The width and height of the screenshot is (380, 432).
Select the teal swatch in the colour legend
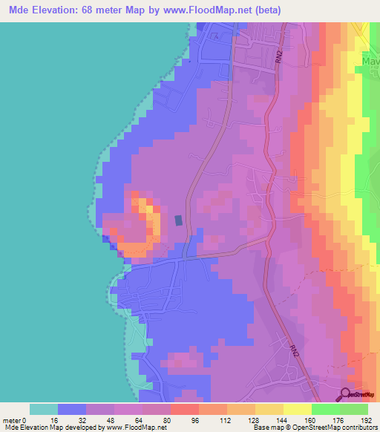[x=44, y=408]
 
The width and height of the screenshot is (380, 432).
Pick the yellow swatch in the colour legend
[x=298, y=408]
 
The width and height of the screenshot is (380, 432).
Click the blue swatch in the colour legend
[x=72, y=408]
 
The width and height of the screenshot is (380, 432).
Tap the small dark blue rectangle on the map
[x=178, y=220]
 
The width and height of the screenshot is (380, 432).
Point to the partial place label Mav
[x=371, y=62]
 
